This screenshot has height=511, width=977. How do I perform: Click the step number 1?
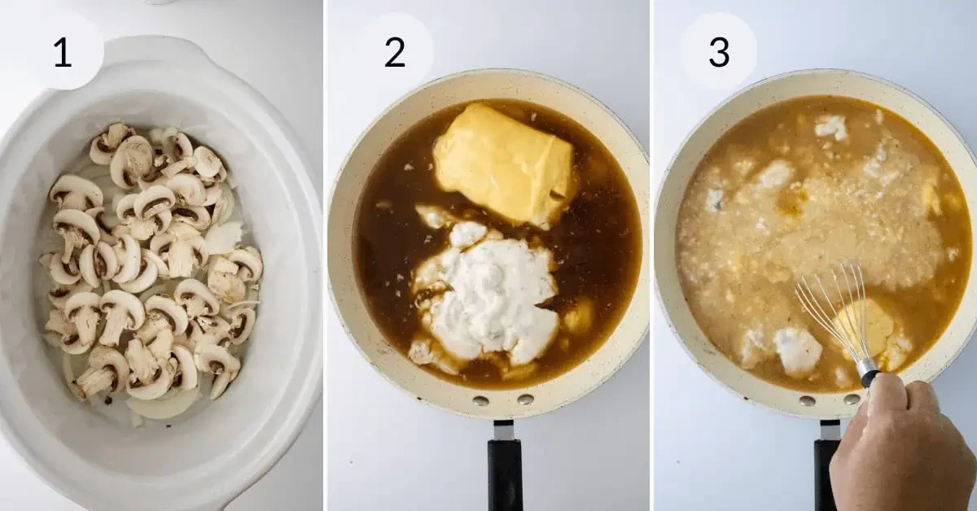point(63,52)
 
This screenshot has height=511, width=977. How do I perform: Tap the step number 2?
point(395,52)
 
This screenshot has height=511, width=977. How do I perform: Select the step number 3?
point(719,52)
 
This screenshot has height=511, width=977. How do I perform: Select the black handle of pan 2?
point(506,475)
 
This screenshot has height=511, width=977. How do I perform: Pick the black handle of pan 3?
point(823,475)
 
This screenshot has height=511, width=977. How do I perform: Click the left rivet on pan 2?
point(481,401)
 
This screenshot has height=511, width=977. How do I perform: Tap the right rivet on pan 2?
point(525,400)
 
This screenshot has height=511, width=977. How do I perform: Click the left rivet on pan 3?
point(807,401)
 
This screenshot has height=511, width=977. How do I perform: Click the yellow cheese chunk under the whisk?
point(868,328)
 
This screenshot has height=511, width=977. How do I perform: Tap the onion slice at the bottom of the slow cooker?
point(161,405)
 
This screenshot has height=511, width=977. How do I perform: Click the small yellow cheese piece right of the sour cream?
point(579,316)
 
